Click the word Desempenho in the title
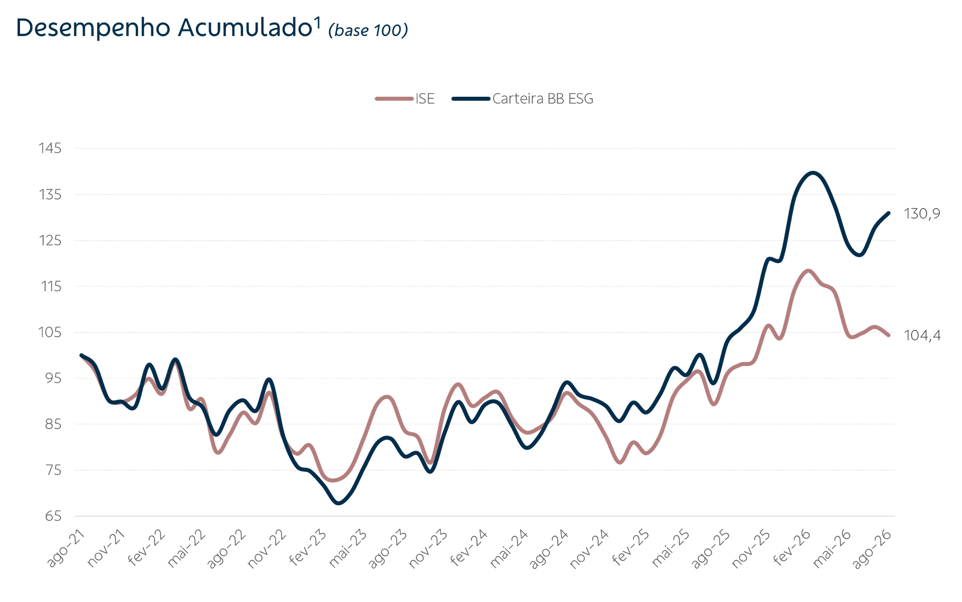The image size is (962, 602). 94,28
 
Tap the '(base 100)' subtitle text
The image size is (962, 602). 368,30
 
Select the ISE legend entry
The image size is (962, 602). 405,99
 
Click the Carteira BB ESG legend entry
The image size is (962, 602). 523,99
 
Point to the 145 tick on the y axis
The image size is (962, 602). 50,148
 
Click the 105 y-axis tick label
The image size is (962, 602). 50,332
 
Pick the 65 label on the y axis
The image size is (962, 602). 53,516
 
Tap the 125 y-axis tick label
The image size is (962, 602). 50,241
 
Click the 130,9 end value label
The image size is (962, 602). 922,214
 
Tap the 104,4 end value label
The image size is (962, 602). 922,335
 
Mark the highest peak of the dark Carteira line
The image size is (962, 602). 813,173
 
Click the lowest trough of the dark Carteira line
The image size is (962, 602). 339,503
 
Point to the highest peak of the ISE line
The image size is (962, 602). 808,271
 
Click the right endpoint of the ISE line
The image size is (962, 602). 889,335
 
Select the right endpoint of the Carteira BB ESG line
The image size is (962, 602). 889,213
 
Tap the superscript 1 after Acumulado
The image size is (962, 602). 317,23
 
